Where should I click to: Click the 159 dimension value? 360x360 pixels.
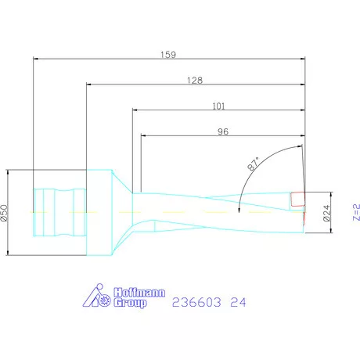tap(167, 55)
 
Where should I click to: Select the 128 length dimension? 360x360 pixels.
tap(196, 80)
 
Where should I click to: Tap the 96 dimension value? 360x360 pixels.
tap(223, 132)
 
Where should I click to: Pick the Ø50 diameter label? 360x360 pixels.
tap(5, 211)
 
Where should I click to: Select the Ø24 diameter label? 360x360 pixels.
tap(327, 211)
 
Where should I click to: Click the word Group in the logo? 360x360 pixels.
tap(130, 303)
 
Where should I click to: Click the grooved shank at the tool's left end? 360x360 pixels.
tap(58, 212)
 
